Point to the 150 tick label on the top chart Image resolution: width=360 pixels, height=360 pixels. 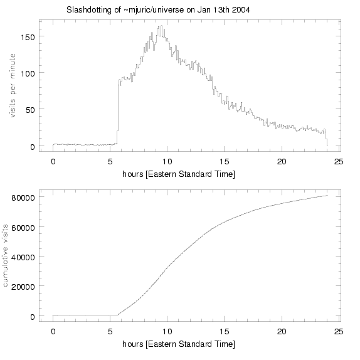(28, 36)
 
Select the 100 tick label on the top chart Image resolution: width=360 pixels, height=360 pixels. (28, 73)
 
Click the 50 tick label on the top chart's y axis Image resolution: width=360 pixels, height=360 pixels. (31, 110)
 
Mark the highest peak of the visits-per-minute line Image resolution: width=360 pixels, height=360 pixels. (161, 26)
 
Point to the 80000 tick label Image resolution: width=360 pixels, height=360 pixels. (24, 196)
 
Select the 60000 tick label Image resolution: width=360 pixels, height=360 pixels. (24, 226)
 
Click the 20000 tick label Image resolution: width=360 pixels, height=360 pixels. (24, 286)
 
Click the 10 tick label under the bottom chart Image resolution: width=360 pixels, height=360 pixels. (167, 332)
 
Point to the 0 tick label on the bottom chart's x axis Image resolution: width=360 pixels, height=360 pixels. (53, 332)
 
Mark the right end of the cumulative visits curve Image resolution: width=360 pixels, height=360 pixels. (327, 195)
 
